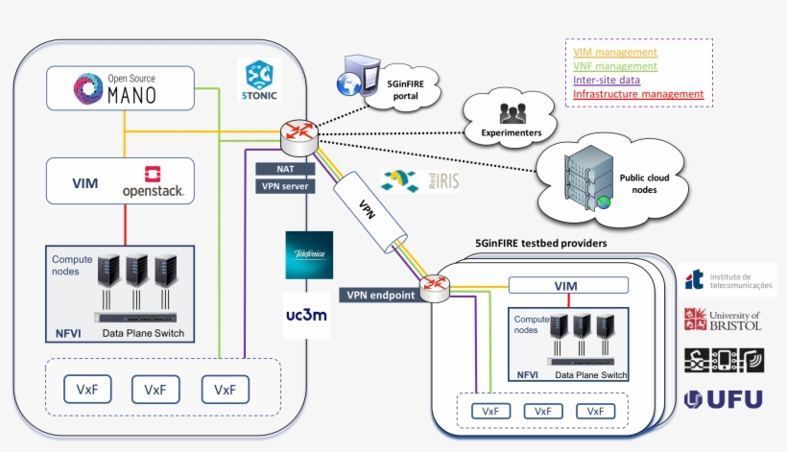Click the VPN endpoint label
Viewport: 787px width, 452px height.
click(x=380, y=296)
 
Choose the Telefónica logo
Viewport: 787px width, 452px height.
click(x=309, y=255)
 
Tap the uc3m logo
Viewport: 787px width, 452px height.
click(x=308, y=315)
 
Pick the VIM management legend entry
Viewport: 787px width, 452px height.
click(x=614, y=52)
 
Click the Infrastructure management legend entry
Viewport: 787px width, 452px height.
click(x=638, y=94)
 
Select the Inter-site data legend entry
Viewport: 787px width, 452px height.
click(x=608, y=80)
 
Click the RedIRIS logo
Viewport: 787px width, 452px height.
click(x=420, y=180)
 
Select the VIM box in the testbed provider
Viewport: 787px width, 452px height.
click(x=566, y=285)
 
